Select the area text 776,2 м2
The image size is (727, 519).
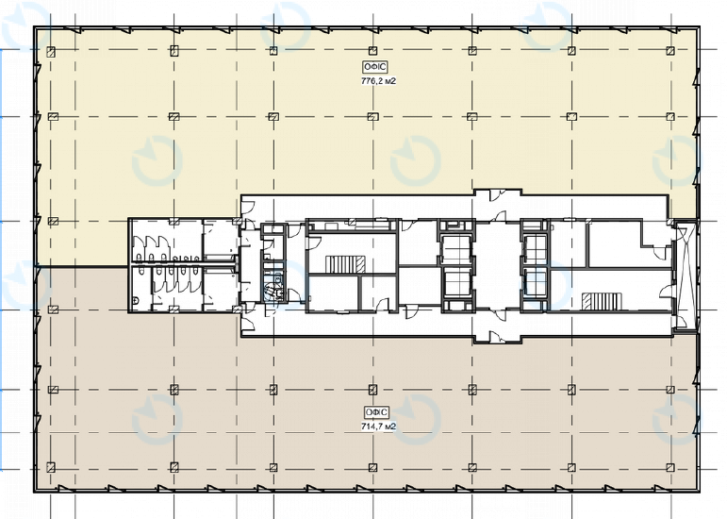[377, 81]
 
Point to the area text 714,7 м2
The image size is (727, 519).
[377, 427]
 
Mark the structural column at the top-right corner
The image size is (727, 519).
[670, 50]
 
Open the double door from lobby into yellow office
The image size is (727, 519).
[495, 195]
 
